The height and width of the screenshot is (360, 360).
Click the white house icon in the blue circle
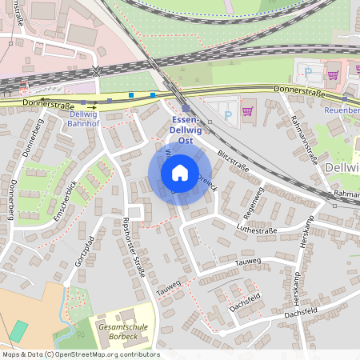[x=180, y=173]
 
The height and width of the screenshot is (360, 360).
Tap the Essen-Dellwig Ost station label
[x=186, y=130]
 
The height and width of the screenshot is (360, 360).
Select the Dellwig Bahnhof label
[x=78, y=119]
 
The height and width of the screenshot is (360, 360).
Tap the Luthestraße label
[x=254, y=228]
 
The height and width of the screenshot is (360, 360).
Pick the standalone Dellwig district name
[x=342, y=167]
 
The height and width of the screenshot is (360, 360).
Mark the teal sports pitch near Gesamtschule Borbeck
[x=18, y=330]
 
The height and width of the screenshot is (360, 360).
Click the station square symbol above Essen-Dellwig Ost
[x=186, y=109]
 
